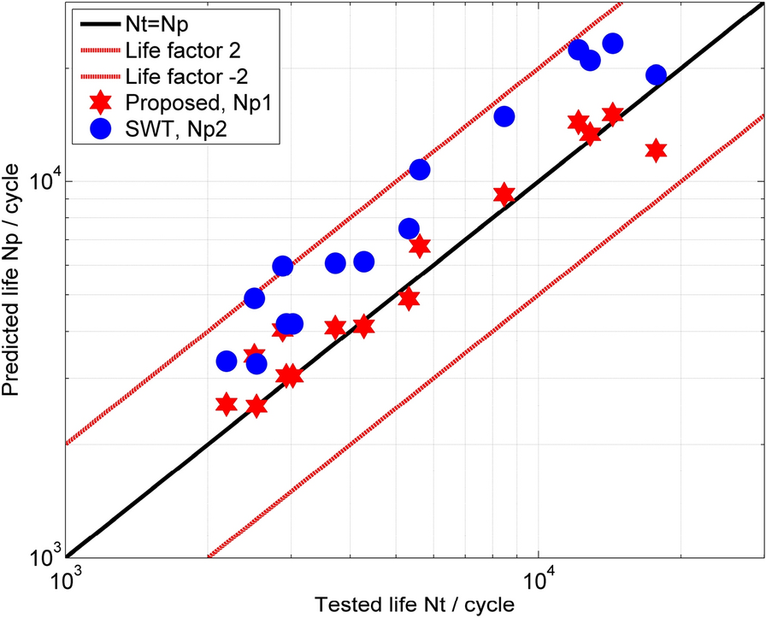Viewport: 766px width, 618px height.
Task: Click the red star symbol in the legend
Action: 100,101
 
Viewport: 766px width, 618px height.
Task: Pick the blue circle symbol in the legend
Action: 100,129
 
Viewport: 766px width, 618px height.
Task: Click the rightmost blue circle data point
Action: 656,75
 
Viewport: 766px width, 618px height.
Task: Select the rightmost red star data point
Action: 656,150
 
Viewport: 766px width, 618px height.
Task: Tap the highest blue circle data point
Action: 612,44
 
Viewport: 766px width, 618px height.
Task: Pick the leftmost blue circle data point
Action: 227,362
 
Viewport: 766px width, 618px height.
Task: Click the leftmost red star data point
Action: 227,404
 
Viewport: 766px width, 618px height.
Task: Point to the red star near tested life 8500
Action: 504,195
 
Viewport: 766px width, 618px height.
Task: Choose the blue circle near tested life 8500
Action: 504,116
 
